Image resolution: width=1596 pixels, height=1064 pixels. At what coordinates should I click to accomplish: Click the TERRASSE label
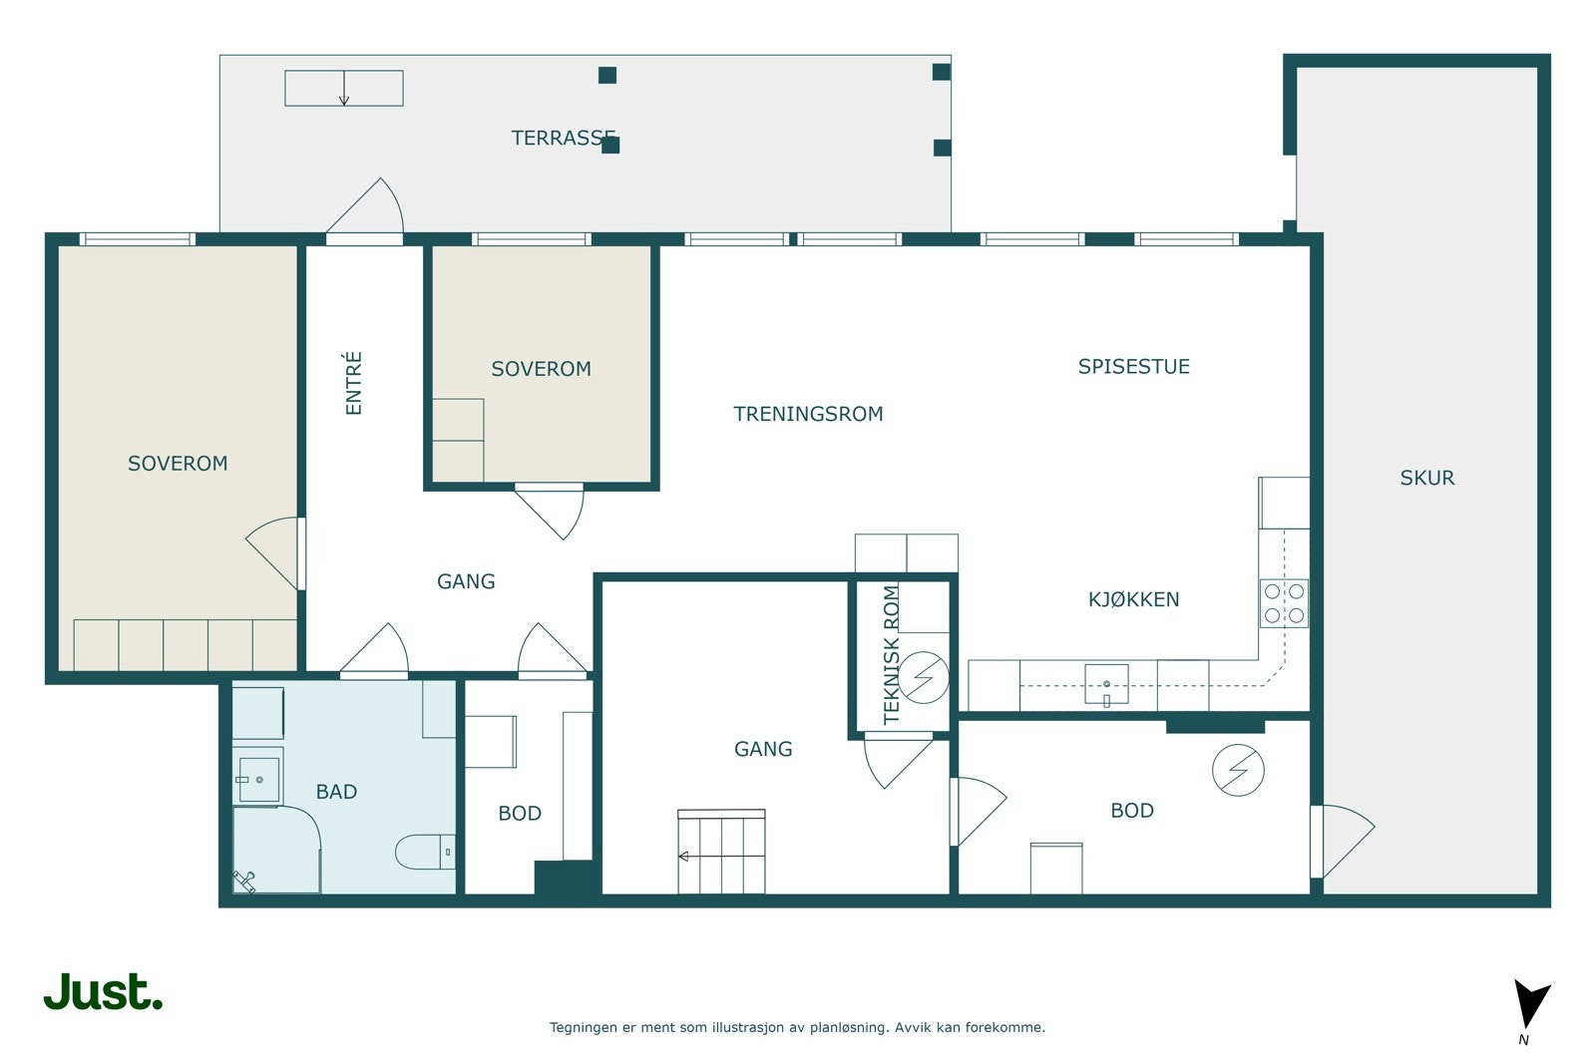coord(563,138)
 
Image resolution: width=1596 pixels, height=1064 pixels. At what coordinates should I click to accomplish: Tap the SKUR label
coord(1427,478)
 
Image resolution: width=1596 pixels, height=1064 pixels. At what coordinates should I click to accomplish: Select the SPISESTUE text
coord(1133,366)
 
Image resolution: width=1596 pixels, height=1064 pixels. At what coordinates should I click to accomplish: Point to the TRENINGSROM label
coord(808,414)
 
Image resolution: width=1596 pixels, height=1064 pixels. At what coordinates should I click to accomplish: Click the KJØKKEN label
coord(1133,599)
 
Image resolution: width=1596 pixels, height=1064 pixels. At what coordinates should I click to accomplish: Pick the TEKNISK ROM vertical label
coord(892,654)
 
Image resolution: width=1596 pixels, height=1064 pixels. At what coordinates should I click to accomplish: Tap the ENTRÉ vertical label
coord(353,383)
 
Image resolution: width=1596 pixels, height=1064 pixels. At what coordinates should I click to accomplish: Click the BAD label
coord(336,791)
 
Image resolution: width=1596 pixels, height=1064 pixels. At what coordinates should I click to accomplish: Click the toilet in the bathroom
coord(425,852)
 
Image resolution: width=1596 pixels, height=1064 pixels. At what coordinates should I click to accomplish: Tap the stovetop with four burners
coord(1284,603)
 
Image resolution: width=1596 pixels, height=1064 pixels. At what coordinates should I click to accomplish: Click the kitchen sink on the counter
coord(1106,684)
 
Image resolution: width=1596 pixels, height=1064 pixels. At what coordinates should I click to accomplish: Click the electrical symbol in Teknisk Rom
coord(924,677)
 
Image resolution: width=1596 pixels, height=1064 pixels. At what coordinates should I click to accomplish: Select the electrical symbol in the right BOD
coord(1238,770)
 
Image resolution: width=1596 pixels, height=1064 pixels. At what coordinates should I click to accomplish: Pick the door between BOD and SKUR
coord(1343,841)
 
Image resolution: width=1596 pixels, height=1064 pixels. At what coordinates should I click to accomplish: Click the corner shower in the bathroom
coord(276,849)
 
